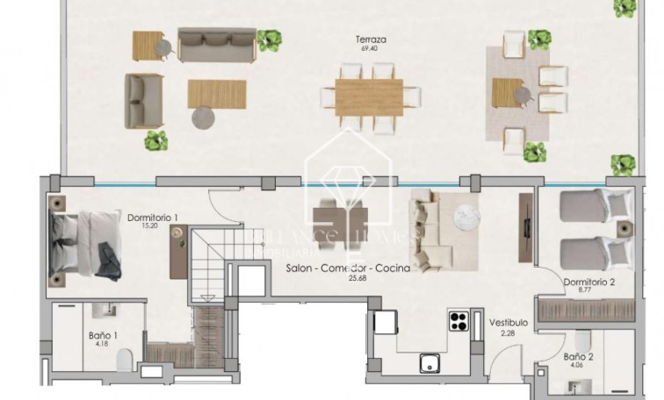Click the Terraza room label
pos(372,39)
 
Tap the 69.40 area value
pos(368,49)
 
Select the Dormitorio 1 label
pos(153,218)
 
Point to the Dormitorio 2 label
pos(588,282)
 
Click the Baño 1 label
pos(103,334)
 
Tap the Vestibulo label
pos(509,322)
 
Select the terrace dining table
pos(368,97)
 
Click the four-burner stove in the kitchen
pos(459,321)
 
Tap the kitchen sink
pos(429,362)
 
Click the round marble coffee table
pos(463,218)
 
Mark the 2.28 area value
pos(509,332)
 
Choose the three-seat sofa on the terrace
pos(205,42)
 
